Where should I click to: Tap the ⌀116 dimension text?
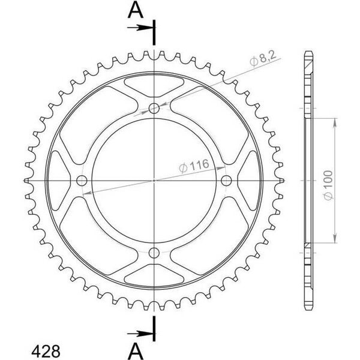pyautogui.click(x=194, y=166)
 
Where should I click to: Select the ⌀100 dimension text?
pyautogui.click(x=328, y=185)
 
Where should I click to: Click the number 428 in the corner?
pyautogui.click(x=46, y=351)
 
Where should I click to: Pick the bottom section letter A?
pyautogui.click(x=136, y=351)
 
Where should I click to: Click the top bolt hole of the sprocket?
pyautogui.click(x=154, y=108)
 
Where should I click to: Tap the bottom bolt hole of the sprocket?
pyautogui.click(x=154, y=253)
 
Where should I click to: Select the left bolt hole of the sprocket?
pyautogui.click(x=82, y=181)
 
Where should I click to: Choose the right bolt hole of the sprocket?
pyautogui.click(x=226, y=181)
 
